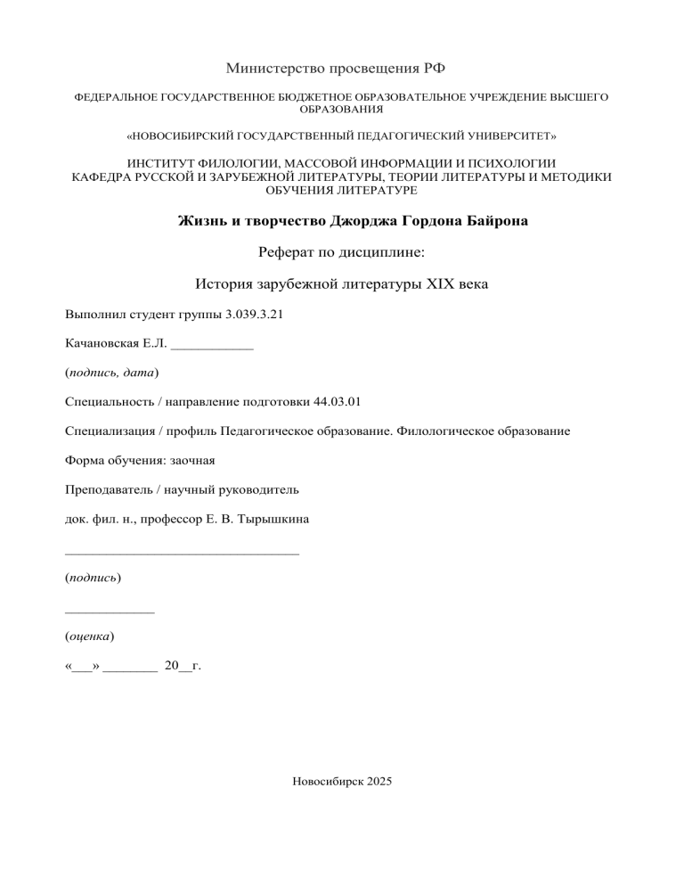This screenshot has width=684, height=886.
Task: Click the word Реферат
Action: (x=292, y=253)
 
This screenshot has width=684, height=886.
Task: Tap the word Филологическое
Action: (x=444, y=430)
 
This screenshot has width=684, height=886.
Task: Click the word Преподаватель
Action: (x=110, y=489)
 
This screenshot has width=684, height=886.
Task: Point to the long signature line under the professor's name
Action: (x=183, y=553)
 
